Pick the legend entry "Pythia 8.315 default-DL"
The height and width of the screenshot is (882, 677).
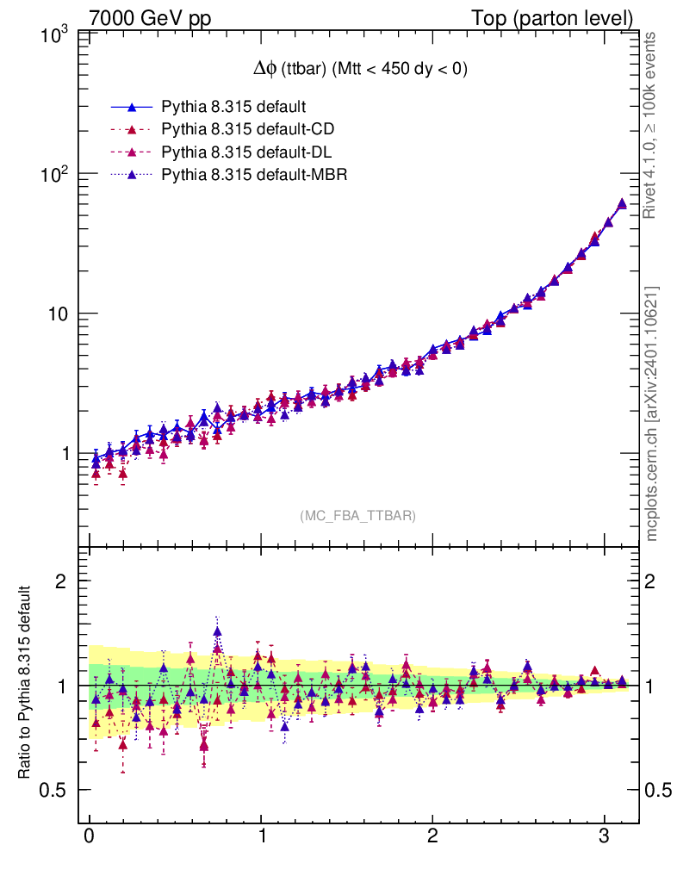pos(247,152)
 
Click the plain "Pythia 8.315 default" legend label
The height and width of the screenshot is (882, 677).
pos(234,108)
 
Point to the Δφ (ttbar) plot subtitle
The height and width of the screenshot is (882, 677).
pos(354,71)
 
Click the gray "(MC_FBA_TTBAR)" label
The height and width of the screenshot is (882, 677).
pos(358,516)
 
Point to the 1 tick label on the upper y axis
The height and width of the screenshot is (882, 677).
pos(65,453)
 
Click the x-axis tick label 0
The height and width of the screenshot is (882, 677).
pos(89,838)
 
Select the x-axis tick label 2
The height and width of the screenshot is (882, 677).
pos(432,838)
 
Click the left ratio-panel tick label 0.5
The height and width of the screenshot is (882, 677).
pos(57,791)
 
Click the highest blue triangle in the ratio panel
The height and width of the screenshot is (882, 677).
pos(218,631)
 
